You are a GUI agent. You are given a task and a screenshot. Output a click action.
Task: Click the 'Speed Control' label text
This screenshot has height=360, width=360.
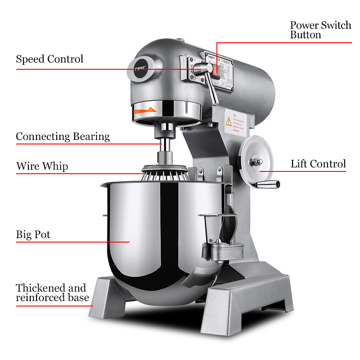49,59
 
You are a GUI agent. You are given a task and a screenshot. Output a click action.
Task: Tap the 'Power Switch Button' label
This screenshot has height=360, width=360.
320,30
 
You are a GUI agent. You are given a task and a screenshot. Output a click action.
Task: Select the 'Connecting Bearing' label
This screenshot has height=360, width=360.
63,137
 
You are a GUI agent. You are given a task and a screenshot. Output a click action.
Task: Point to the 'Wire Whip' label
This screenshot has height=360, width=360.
42,166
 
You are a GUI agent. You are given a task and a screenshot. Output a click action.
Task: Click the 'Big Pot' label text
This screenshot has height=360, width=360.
33,234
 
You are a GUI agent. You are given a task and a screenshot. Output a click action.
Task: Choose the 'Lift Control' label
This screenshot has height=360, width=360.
318,164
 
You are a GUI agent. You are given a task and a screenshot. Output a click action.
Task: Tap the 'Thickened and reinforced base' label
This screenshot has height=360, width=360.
52,292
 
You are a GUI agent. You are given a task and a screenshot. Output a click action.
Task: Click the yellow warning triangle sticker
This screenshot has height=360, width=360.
229,121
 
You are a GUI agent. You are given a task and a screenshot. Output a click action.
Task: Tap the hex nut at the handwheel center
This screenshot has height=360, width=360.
254,161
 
